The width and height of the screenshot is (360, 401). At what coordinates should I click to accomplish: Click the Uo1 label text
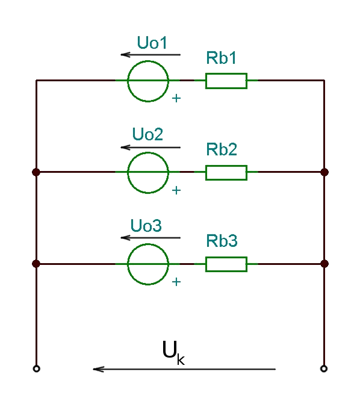(152, 43)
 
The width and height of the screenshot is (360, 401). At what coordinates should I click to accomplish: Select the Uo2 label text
(147, 134)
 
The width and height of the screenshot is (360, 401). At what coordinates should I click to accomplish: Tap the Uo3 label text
(146, 226)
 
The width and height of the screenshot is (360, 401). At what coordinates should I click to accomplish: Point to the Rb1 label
(221, 58)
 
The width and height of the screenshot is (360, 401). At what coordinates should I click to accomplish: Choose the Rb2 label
(222, 149)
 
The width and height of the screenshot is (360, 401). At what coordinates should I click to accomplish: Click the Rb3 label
(222, 241)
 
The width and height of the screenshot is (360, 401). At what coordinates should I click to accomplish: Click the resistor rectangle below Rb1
(226, 73)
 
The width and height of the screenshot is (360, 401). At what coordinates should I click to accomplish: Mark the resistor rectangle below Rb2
(226, 166)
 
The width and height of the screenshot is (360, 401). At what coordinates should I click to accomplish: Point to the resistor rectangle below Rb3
(226, 257)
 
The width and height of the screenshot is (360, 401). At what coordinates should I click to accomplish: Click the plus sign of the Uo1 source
(176, 99)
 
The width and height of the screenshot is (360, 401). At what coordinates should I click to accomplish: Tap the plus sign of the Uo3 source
(176, 282)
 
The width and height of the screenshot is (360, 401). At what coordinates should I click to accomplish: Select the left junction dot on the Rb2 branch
(36, 172)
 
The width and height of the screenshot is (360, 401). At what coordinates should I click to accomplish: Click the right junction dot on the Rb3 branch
(324, 264)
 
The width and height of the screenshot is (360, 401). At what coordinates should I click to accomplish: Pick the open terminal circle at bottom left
(37, 368)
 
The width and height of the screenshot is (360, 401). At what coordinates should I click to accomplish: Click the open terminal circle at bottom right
(324, 368)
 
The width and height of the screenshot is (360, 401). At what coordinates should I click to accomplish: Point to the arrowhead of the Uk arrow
(93, 369)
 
